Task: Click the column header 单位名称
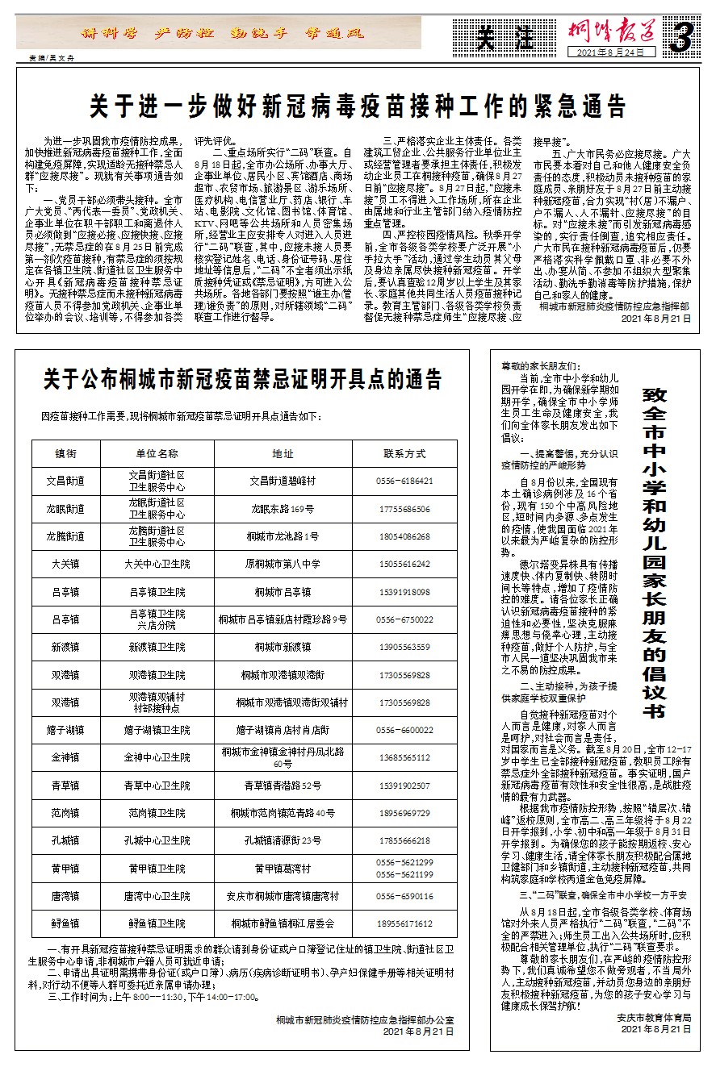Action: pyautogui.click(x=157, y=453)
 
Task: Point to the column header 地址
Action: pyautogui.click(x=283, y=453)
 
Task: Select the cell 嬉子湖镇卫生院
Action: pyautogui.click(x=157, y=730)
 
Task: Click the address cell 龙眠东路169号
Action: pyautogui.click(x=283, y=509)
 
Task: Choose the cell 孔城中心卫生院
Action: pyautogui.click(x=157, y=840)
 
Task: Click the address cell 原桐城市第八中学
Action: pyautogui.click(x=283, y=564)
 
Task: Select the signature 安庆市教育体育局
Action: pyautogui.click(x=653, y=1018)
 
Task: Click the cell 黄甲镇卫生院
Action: pyautogui.click(x=157, y=869)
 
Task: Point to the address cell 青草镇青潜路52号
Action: pyautogui.click(x=283, y=786)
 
